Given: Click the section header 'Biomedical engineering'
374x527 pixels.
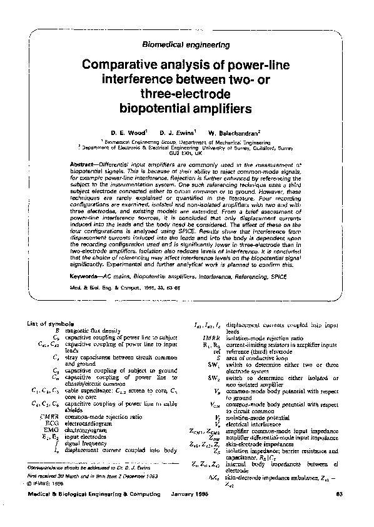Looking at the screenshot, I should [186, 45].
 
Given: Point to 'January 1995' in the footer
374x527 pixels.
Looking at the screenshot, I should [190, 513].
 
